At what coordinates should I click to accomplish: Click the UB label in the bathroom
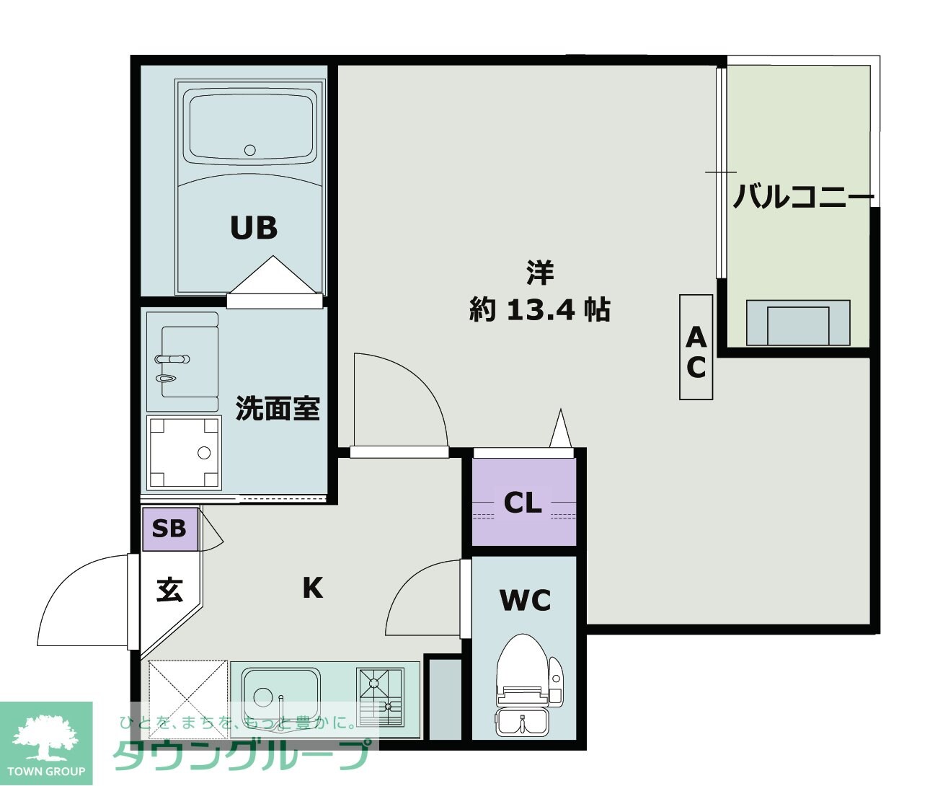[254, 228]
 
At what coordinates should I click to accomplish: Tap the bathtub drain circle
[250, 150]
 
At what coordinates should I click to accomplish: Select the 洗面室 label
[278, 409]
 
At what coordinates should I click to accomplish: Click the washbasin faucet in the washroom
[172, 358]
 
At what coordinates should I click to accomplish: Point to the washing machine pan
[183, 453]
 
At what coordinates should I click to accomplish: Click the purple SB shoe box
[169, 529]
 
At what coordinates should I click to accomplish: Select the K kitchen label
[312, 588]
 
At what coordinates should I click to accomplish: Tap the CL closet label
[523, 503]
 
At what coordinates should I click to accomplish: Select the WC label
[525, 599]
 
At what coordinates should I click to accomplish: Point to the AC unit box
[696, 348]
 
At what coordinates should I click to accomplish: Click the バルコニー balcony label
[803, 196]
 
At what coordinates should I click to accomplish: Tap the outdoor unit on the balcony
[797, 323]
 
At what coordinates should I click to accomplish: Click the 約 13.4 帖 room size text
[539, 310]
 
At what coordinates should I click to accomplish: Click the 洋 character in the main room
[539, 273]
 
